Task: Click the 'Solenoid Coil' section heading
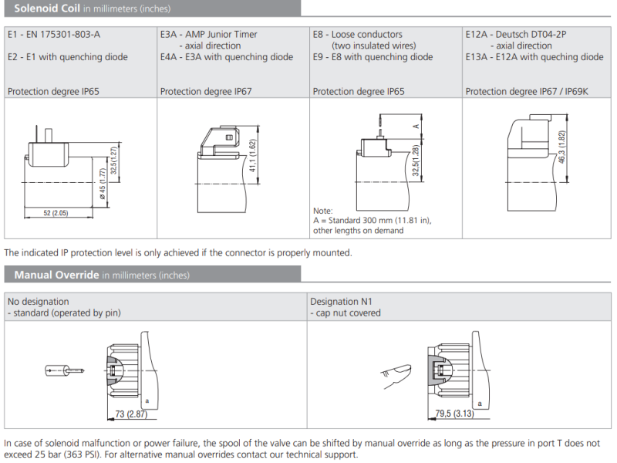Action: pyautogui.click(x=48, y=8)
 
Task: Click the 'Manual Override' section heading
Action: pyautogui.click(x=56, y=275)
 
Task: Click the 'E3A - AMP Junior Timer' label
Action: pyautogui.click(x=209, y=35)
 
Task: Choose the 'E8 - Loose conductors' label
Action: pyautogui.click(x=358, y=35)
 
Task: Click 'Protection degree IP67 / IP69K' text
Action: pyautogui.click(x=527, y=92)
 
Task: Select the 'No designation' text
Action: pyautogui.click(x=38, y=302)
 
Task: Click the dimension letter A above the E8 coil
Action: pyautogui.click(x=416, y=125)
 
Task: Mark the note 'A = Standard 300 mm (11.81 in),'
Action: pyautogui.click(x=372, y=221)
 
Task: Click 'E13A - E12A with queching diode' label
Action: pyautogui.click(x=534, y=57)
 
